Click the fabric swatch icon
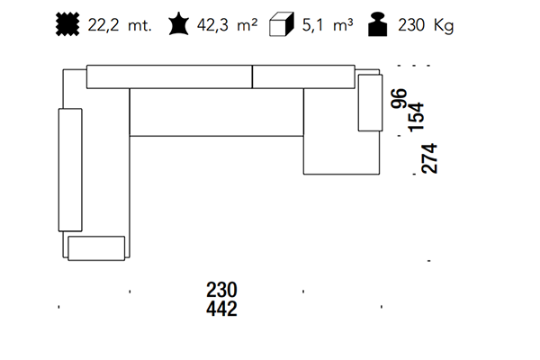(67, 24)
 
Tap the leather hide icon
(179, 23)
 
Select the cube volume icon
(282, 24)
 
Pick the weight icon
(378, 24)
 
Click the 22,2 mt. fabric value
(120, 25)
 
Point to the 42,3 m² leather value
(227, 25)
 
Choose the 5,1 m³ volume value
(328, 25)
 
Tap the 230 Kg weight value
(426, 25)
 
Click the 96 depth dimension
(399, 98)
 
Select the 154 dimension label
(416, 117)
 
